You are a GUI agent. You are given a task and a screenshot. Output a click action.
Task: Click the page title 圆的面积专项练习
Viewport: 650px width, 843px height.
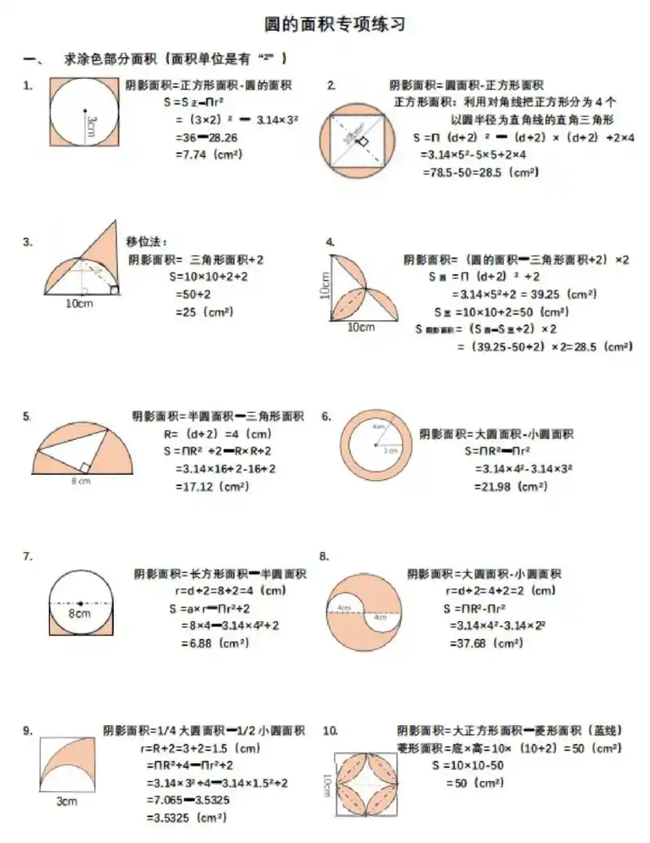click(x=335, y=24)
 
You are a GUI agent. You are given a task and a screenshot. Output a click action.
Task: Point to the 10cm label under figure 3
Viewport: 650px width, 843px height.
click(x=79, y=303)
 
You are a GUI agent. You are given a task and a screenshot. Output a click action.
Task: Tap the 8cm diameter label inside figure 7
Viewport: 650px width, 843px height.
click(x=79, y=614)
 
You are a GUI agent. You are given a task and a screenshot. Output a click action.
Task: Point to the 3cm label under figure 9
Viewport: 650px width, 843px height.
click(x=66, y=802)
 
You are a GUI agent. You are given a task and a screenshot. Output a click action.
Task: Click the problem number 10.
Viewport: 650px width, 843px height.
click(x=330, y=731)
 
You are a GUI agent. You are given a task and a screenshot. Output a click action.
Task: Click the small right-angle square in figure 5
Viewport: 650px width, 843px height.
click(x=84, y=467)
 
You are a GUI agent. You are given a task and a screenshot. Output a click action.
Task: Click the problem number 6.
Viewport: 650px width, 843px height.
click(x=326, y=416)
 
